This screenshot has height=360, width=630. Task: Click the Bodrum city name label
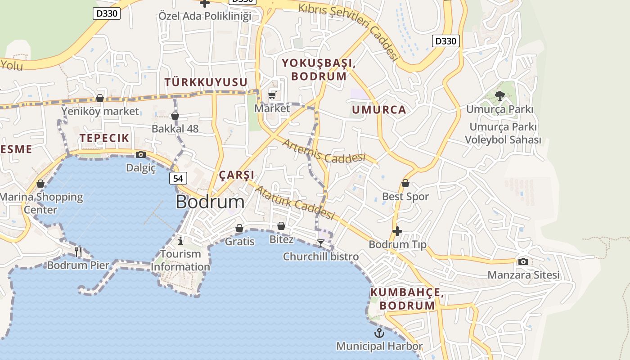click(210, 202)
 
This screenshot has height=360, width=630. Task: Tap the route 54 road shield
click(178, 178)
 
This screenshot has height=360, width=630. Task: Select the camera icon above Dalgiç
click(141, 155)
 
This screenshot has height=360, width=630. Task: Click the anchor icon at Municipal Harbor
click(379, 333)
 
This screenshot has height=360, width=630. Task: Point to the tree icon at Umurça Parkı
click(499, 95)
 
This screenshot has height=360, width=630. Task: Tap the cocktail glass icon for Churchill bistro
click(321, 243)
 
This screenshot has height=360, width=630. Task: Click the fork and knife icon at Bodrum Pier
click(78, 252)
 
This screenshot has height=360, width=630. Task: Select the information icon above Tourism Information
click(180, 241)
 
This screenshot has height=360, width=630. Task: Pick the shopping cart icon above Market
click(272, 95)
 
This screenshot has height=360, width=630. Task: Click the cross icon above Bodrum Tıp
click(397, 231)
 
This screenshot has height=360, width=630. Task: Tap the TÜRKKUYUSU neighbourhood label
click(206, 82)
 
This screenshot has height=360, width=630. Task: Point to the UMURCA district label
click(379, 110)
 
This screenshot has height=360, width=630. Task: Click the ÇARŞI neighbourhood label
click(237, 175)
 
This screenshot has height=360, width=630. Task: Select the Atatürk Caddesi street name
click(295, 203)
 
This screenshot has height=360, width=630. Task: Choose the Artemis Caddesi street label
click(324, 152)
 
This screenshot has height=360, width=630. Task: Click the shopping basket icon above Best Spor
click(405, 183)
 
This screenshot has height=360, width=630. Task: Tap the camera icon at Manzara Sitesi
click(523, 261)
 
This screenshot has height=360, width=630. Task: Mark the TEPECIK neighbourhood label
click(104, 138)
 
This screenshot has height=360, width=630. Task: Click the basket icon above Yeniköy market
click(100, 98)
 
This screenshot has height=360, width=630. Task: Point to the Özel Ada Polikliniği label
click(205, 16)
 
